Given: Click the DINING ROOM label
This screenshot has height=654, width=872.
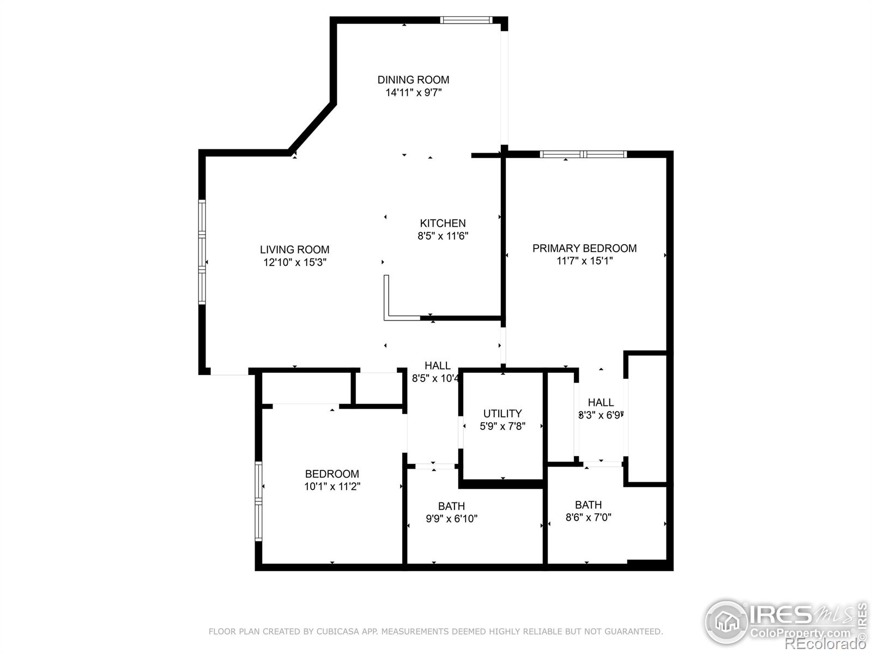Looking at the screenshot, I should (413, 80).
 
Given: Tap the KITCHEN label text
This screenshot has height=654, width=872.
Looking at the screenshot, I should (443, 223).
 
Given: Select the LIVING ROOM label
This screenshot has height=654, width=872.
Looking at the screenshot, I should (294, 250).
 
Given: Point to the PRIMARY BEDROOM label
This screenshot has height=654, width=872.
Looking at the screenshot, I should (584, 248).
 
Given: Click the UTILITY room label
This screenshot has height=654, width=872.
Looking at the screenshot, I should (502, 413).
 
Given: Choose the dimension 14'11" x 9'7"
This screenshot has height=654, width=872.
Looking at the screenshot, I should (413, 93).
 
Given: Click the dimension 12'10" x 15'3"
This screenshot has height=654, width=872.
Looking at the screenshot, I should (294, 262).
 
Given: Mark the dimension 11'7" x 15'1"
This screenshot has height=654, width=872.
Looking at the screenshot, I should (584, 261).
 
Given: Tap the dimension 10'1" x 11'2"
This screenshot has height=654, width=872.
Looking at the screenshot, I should (332, 486).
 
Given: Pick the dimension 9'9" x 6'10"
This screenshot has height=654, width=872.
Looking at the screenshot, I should (451, 519).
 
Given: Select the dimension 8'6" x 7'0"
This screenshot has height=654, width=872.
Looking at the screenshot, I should (588, 517).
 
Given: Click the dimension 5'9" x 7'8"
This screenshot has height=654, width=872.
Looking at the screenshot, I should (502, 426).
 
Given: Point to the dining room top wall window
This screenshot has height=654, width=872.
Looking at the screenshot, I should (466, 20).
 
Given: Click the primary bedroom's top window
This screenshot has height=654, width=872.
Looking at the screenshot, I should (583, 154).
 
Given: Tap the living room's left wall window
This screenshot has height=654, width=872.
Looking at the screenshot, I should (202, 252).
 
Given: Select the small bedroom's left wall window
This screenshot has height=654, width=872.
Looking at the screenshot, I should (258, 501).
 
